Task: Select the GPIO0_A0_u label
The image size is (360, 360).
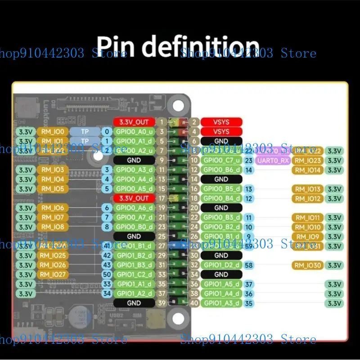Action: click(134, 132)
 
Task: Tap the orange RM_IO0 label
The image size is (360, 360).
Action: click(53, 132)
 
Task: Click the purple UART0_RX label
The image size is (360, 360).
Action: click(273, 160)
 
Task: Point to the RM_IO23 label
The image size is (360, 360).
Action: click(308, 160)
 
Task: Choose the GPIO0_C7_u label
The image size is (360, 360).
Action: click(221, 160)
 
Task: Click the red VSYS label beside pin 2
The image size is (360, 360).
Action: click(221, 122)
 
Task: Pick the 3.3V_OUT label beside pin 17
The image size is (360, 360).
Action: click(134, 198)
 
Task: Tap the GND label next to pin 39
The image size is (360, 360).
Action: click(134, 303)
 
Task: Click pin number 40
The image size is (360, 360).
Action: click(194, 303)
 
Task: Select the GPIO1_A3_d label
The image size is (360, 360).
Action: click(221, 303)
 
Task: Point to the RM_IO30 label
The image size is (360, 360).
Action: click(308, 265)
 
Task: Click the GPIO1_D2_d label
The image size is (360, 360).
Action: click(221, 265)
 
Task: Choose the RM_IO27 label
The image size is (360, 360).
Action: click(53, 274)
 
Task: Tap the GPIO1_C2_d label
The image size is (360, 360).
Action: click(134, 274)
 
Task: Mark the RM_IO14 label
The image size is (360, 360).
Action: click(308, 170)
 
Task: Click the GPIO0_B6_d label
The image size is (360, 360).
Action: click(221, 170)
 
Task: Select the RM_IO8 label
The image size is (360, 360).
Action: click(53, 227)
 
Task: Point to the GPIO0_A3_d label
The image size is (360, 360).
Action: click(134, 170)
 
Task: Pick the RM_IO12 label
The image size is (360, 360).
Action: click(308, 198)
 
